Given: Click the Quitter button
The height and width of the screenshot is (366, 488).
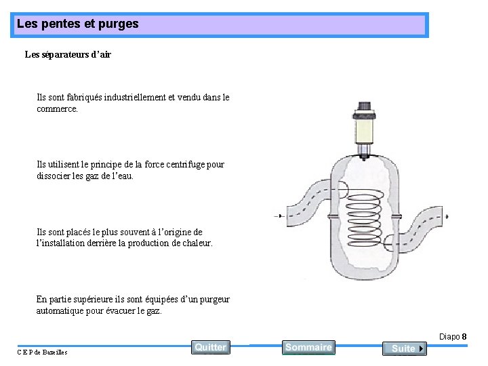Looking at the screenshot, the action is click(x=210, y=347).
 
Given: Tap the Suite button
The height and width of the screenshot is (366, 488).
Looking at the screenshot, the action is click(x=404, y=348).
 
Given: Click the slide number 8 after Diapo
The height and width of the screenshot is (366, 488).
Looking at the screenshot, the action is click(x=464, y=337).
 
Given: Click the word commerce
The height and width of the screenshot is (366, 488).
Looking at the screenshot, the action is click(x=57, y=108).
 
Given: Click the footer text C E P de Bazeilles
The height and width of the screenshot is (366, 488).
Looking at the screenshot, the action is click(x=43, y=352).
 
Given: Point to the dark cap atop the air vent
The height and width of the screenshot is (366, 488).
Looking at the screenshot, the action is click(x=365, y=107).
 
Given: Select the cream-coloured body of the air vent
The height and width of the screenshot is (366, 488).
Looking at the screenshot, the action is click(x=365, y=127).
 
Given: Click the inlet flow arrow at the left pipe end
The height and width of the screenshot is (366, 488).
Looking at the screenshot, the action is click(x=279, y=216).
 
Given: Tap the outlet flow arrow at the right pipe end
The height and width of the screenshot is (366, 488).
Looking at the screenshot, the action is click(x=445, y=216).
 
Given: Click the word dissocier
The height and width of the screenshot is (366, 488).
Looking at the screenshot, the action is click(x=57, y=176).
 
